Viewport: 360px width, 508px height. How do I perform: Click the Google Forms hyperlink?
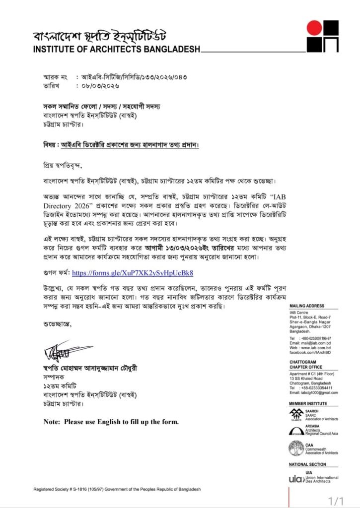click(x=133, y=273)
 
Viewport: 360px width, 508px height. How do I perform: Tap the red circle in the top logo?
click(x=314, y=28)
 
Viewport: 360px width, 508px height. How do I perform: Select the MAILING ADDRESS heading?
click(x=306, y=307)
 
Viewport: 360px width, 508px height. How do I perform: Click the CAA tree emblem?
click(x=296, y=448)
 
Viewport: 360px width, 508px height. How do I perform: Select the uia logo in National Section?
click(x=296, y=479)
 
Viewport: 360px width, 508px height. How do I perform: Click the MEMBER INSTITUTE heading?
click(x=308, y=404)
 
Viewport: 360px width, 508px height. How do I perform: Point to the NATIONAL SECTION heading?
click(x=307, y=464)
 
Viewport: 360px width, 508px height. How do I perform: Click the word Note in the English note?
click(x=52, y=422)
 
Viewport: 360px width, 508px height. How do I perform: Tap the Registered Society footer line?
click(x=117, y=489)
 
